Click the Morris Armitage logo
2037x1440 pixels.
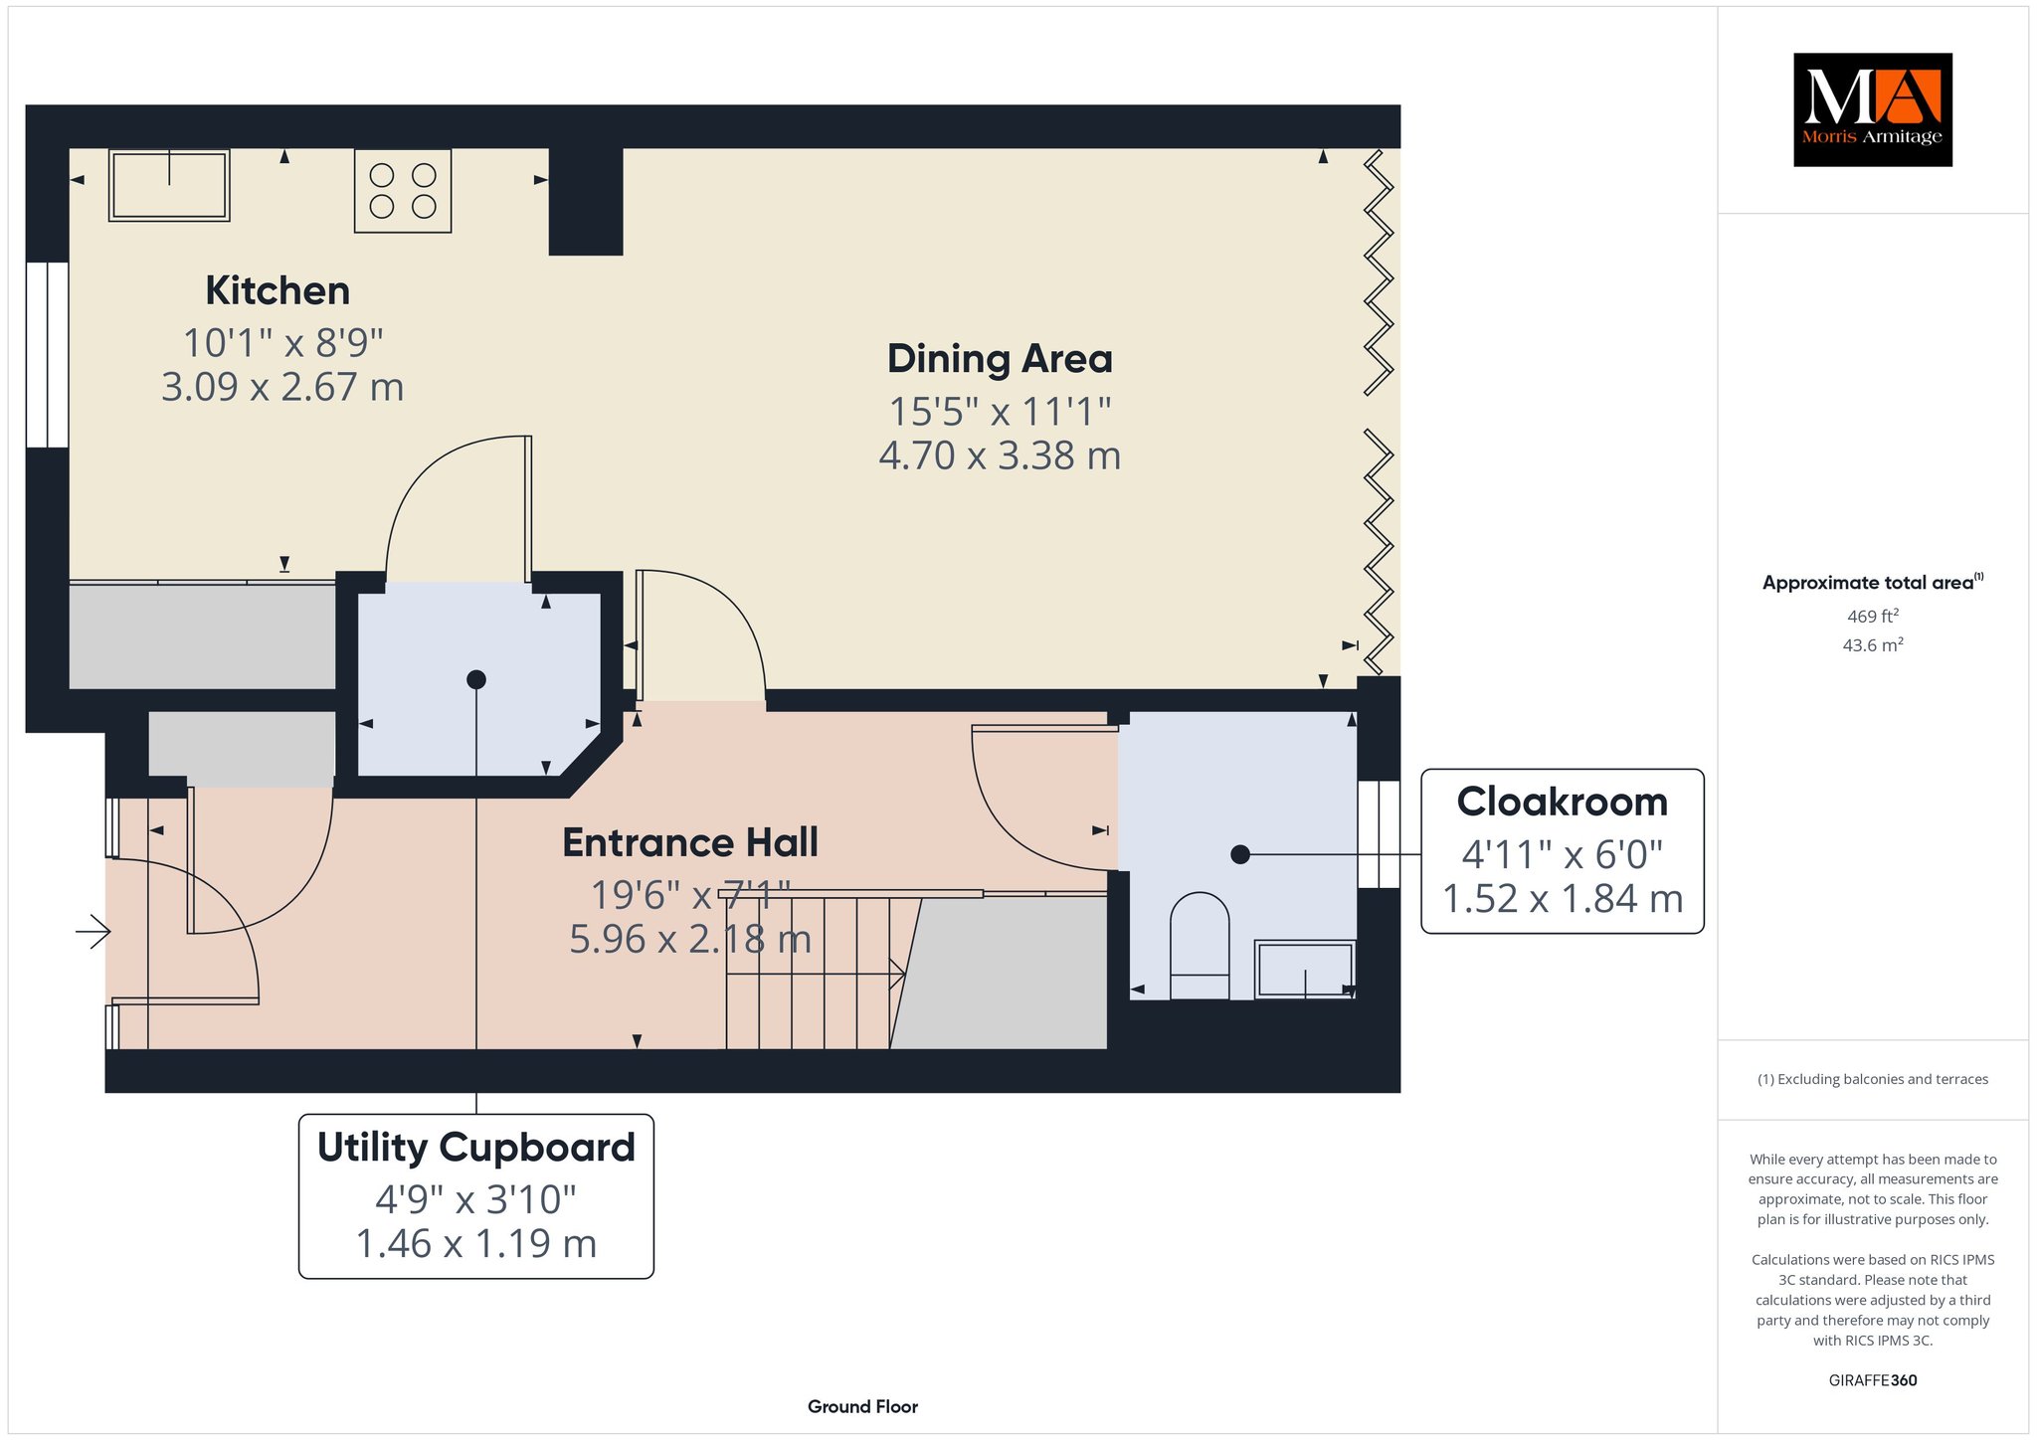[1872, 109]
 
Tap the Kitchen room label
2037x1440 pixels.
[278, 291]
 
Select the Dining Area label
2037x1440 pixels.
[1000, 359]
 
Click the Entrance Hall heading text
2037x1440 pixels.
[690, 843]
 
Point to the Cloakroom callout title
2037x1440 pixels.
[1562, 802]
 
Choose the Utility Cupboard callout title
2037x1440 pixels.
[476, 1148]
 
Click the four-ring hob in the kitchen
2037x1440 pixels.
[403, 191]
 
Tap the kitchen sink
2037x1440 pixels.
[169, 185]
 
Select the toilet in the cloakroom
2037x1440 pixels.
[1200, 946]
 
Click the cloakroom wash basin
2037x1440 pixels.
[1305, 969]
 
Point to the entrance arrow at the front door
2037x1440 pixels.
[93, 932]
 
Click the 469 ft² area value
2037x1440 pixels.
[1873, 617]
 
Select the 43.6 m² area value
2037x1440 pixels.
[1873, 645]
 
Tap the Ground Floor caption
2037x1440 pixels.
[862, 1407]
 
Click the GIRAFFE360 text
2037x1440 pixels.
[1873, 1380]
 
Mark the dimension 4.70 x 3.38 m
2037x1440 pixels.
[1000, 456]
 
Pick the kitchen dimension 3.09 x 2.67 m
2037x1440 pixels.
[282, 388]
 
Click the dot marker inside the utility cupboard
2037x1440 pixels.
[476, 680]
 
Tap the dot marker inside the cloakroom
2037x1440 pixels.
[1240, 854]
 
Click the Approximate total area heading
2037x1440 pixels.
[1873, 583]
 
